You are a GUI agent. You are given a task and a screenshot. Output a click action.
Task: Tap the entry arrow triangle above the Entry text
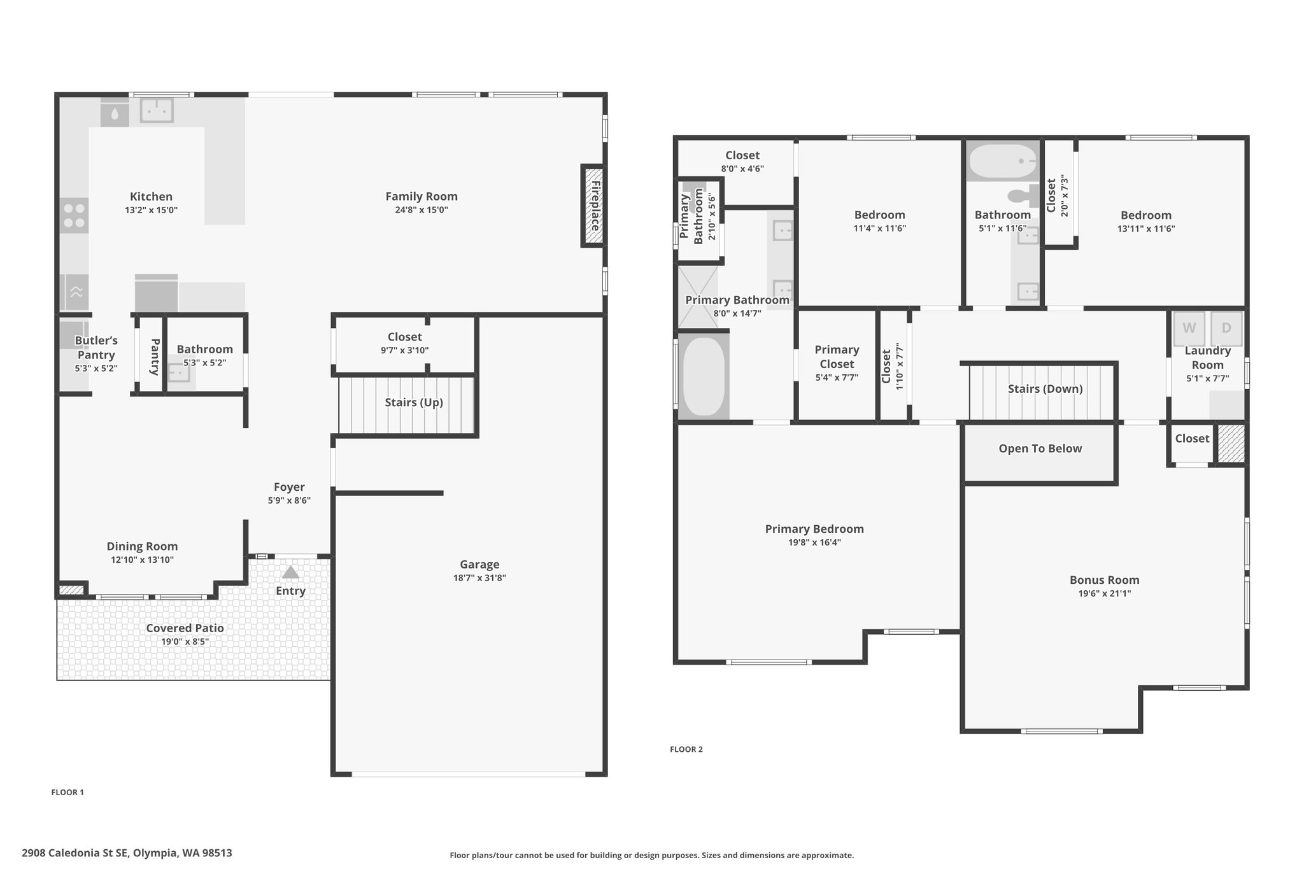[290, 572]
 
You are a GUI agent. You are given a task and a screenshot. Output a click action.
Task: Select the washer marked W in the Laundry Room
[1189, 329]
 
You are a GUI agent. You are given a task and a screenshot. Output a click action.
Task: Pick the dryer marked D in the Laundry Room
[1226, 329]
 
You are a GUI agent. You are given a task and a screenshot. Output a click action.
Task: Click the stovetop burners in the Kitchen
[74, 215]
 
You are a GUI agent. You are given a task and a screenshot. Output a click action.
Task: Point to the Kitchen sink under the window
[157, 110]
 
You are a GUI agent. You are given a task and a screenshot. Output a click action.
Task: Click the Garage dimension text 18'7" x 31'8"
[479, 578]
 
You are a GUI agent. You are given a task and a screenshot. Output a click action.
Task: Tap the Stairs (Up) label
[414, 402]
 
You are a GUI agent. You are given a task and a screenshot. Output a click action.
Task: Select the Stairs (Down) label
[1045, 389]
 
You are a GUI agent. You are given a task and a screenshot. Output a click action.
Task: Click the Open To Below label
[1040, 449]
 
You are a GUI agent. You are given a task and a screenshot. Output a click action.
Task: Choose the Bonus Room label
[1104, 580]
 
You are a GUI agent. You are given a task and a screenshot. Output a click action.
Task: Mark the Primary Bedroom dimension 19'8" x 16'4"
[814, 543]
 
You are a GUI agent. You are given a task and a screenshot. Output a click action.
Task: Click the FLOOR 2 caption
[686, 749]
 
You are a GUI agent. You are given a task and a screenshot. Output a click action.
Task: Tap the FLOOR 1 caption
[67, 793]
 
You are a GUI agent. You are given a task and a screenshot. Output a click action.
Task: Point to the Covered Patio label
[185, 628]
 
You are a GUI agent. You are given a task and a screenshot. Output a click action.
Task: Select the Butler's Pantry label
[96, 348]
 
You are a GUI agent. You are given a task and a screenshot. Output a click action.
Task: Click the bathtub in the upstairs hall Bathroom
[1003, 160]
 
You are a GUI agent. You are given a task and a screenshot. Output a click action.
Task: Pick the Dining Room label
[142, 546]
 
